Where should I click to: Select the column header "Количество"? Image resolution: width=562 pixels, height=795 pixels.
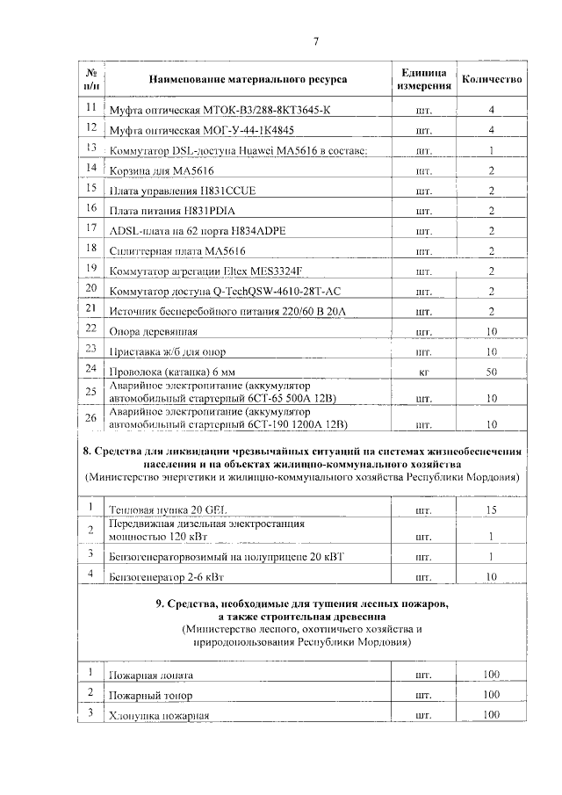(493, 80)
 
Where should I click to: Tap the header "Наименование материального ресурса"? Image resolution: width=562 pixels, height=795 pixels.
(248, 80)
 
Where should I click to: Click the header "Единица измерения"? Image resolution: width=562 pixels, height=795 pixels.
(424, 80)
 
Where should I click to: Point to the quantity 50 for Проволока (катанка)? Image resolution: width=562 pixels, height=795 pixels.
(493, 372)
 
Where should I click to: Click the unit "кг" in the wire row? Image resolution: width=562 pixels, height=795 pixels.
(424, 373)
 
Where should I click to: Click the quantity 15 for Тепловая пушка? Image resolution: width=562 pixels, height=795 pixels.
(493, 510)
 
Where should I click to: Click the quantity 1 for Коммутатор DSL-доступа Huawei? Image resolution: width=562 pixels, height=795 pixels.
(493, 150)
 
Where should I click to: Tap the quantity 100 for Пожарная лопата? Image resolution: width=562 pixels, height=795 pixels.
(493, 675)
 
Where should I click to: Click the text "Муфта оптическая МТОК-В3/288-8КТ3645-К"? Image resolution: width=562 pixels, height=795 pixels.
(220, 110)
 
